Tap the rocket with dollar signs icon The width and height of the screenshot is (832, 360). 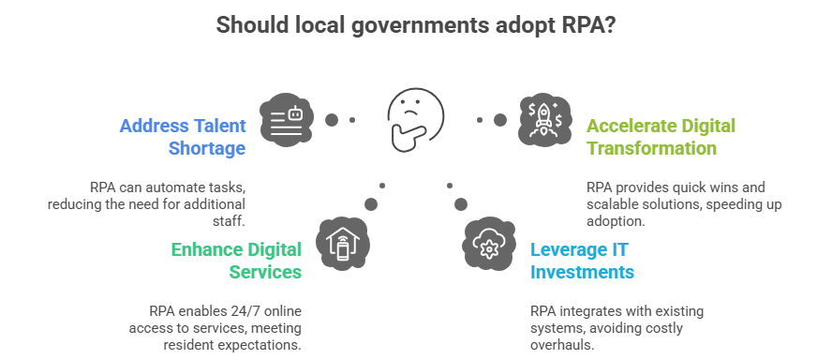tap(544, 118)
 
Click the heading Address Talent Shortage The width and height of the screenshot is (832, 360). tap(183, 137)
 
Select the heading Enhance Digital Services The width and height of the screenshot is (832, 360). tap(236, 261)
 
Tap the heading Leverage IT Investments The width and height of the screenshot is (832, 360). tap(582, 261)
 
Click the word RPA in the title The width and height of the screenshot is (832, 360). tap(571, 25)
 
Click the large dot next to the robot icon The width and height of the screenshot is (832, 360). tap(331, 120)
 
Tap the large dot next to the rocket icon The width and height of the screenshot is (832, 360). tap(500, 120)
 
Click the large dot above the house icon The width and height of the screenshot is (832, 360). tap(371, 203)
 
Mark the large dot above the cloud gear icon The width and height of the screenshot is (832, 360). tap(460, 203)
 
